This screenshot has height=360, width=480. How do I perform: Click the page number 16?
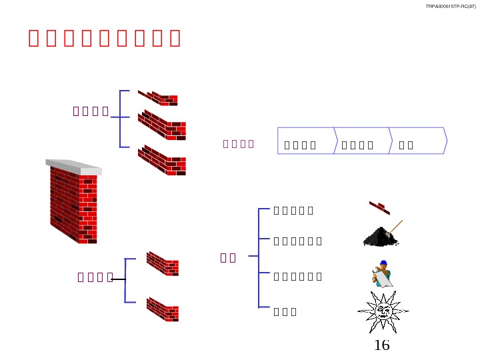382,345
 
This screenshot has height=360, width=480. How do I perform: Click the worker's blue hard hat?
383,263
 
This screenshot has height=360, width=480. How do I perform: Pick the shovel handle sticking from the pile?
396,225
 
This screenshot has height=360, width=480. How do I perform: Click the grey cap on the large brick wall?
74,167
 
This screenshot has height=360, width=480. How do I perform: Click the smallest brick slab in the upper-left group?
158,98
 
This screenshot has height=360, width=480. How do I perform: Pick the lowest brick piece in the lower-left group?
163,309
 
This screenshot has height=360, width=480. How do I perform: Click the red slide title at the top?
105,38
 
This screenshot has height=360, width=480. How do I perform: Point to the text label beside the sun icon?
285,311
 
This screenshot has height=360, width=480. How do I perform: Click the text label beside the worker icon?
298,276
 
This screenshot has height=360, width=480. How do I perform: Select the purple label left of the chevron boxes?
239,143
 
